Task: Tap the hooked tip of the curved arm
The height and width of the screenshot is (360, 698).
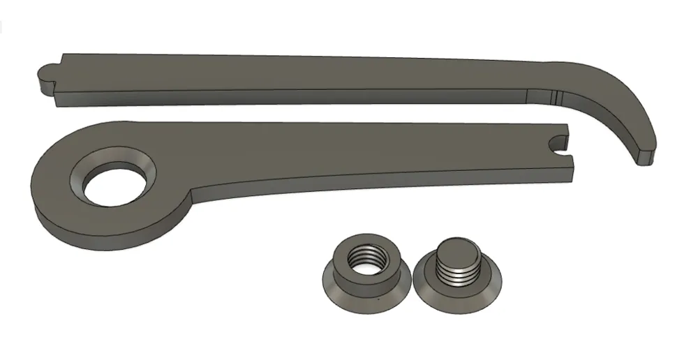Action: click(x=644, y=155)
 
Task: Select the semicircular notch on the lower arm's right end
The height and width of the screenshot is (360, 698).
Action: click(x=558, y=144)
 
